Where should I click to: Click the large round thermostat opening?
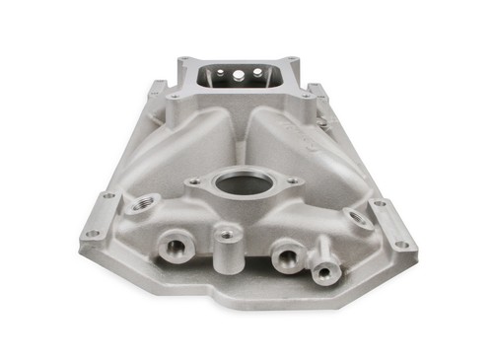(x=243, y=185)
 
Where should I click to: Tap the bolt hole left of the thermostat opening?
(x=195, y=180)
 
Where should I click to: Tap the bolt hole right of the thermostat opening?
(x=293, y=180)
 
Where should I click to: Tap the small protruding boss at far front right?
(x=320, y=268)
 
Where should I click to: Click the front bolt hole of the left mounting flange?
(x=91, y=234)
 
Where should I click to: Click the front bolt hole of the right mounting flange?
(x=401, y=244)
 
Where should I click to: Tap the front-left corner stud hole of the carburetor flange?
(x=174, y=97)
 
